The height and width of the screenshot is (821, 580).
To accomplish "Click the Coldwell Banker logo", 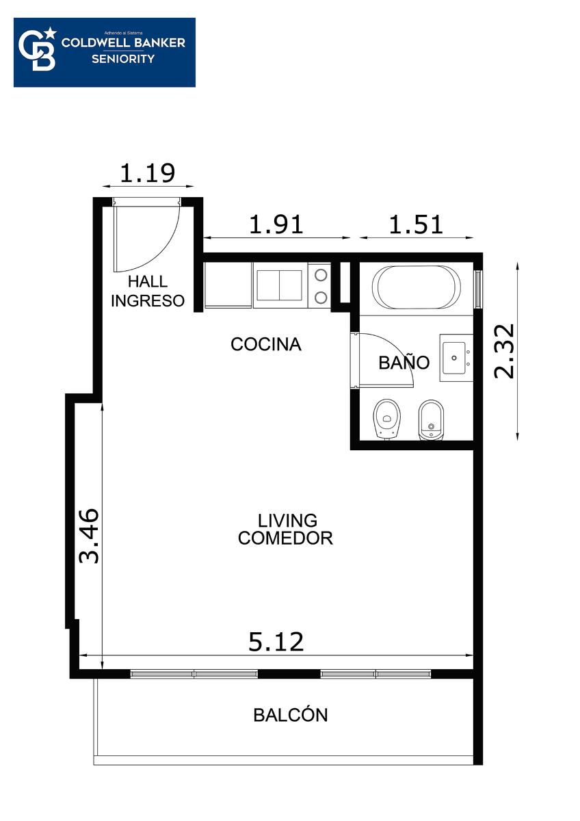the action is (105, 52).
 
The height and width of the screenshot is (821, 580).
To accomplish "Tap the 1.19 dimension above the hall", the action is (148, 173).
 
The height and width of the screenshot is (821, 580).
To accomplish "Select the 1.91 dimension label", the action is (276, 224).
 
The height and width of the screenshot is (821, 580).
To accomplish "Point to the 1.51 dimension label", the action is (416, 224).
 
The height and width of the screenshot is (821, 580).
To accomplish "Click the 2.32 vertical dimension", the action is (504, 351).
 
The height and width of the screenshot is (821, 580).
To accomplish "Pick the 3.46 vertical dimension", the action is (89, 536).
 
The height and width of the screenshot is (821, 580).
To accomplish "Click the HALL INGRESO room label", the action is (148, 291).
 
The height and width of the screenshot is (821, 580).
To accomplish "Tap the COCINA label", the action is (266, 344).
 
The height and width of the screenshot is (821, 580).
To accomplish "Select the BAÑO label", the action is (404, 362).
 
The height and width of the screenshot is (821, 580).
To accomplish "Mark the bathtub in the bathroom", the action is (417, 287).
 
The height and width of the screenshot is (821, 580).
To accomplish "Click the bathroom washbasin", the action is (454, 358).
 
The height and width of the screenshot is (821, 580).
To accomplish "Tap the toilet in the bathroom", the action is (387, 419).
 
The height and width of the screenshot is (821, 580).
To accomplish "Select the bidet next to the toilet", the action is (431, 419).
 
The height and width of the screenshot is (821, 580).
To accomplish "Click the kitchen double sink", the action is (279, 285).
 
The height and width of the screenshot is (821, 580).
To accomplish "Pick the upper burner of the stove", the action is (321, 275).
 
